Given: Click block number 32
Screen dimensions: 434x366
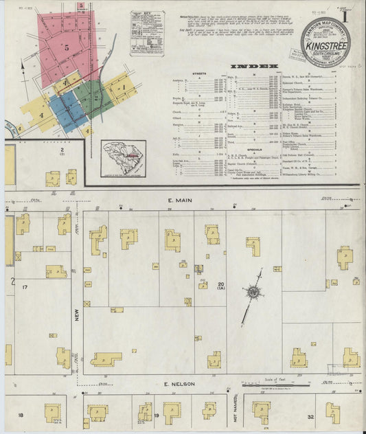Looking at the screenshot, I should click(x=310, y=416).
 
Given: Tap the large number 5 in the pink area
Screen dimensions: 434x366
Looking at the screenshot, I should click(x=67, y=49).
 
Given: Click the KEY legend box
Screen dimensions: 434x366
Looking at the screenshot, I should click(x=146, y=32).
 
